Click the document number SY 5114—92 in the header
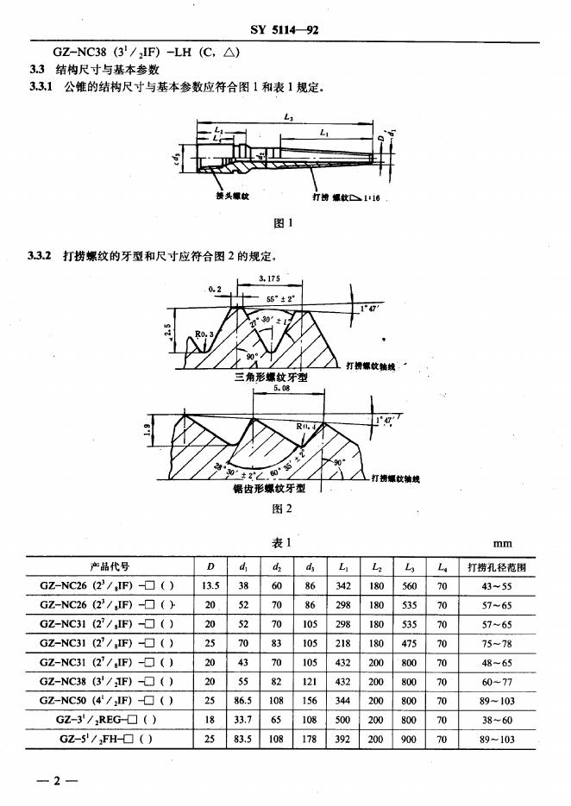285,30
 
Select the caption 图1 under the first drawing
283,223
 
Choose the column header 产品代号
110,567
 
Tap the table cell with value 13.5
210,586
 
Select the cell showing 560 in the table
409,586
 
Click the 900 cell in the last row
409,739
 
